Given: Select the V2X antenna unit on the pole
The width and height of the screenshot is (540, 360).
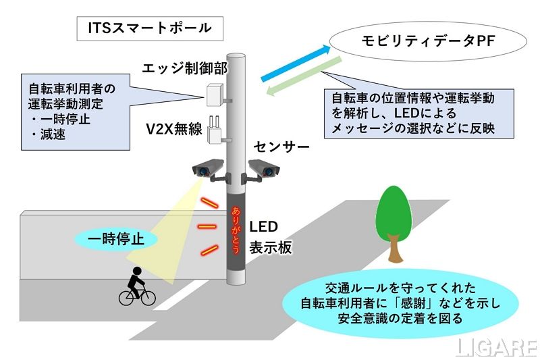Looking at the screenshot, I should click(217, 131).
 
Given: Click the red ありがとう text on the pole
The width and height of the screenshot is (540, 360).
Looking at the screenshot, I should click(236, 230).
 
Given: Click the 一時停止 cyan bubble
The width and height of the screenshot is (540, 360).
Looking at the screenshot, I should click(116, 238).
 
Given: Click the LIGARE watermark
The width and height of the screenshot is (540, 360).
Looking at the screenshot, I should click(495, 347).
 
